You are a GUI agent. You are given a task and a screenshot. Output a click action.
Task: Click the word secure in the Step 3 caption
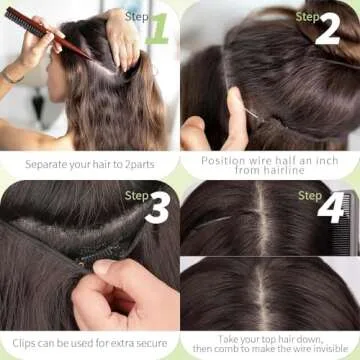coord(150,342)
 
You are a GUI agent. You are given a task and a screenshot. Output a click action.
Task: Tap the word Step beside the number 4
coord(309,196)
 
